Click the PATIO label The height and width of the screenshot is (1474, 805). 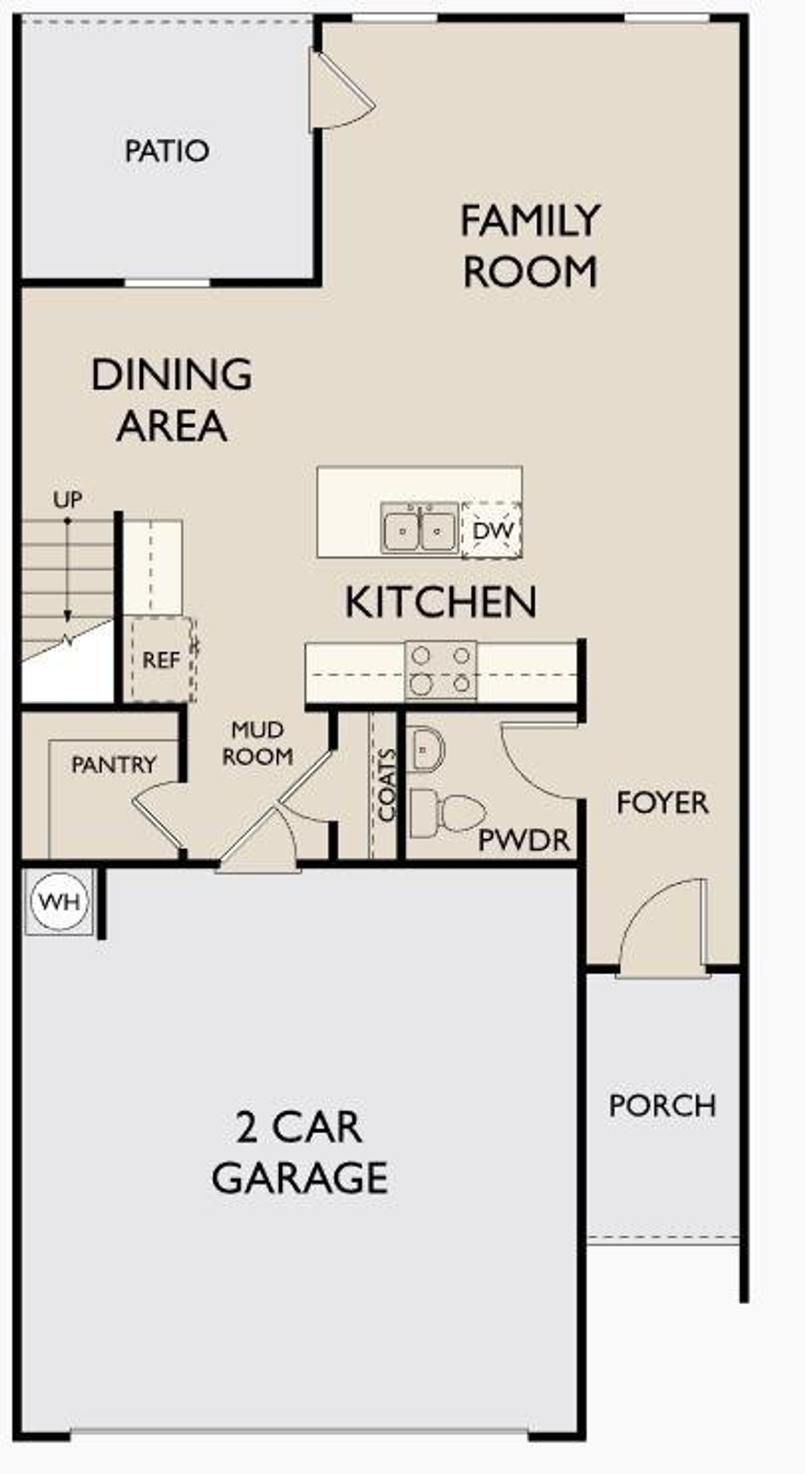click(x=167, y=151)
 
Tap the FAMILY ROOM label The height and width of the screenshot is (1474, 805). click(x=530, y=246)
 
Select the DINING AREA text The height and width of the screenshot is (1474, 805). click(x=171, y=400)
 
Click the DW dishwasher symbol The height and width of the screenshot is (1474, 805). click(x=492, y=530)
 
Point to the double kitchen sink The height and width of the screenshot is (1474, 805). click(x=420, y=529)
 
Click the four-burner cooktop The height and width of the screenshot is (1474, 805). click(x=441, y=670)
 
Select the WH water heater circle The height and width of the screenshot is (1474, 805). click(x=59, y=902)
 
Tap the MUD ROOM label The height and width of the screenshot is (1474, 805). click(x=258, y=743)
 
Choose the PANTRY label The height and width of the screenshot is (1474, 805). click(x=114, y=765)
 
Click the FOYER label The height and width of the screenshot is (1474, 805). click(x=662, y=803)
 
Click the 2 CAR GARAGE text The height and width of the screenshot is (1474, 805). click(x=300, y=1152)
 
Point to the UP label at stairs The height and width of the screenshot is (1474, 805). click(x=67, y=500)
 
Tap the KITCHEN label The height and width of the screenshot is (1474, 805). click(x=441, y=602)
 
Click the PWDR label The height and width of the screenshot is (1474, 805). click(x=524, y=840)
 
